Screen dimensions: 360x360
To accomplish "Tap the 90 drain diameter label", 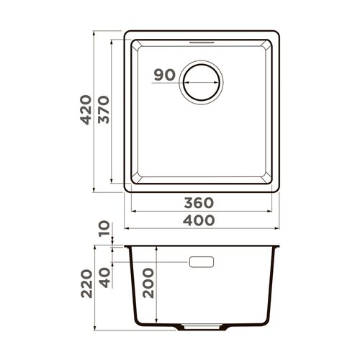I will (166, 74).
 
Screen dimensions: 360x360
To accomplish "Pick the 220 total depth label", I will (86, 284).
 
